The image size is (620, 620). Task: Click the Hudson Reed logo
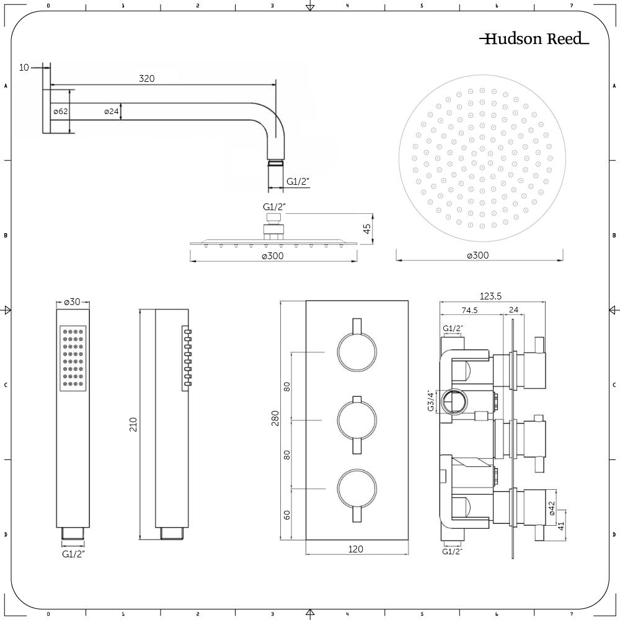pyautogui.click(x=534, y=39)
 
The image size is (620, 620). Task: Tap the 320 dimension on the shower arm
pyautogui.click(x=147, y=78)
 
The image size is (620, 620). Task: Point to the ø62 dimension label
pyautogui.click(x=60, y=112)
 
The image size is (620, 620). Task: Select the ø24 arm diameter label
pyautogui.click(x=111, y=112)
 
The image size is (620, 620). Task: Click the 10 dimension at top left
pyautogui.click(x=24, y=67)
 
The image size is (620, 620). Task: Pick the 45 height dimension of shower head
pyautogui.click(x=366, y=230)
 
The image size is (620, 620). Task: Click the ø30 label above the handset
pyautogui.click(x=73, y=302)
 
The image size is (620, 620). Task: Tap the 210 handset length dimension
pyautogui.click(x=133, y=425)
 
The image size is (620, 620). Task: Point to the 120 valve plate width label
pyautogui.click(x=356, y=549)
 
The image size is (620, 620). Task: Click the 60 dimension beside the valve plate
pyautogui.click(x=286, y=515)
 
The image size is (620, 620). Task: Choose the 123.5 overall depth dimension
pyautogui.click(x=490, y=296)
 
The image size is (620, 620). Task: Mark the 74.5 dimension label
pyautogui.click(x=469, y=311)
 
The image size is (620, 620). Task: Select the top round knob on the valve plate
pyautogui.click(x=356, y=352)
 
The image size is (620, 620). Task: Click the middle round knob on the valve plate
pyautogui.click(x=356, y=420)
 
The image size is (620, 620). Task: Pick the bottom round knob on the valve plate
pyautogui.click(x=356, y=488)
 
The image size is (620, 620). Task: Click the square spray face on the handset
pyautogui.click(x=73, y=358)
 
